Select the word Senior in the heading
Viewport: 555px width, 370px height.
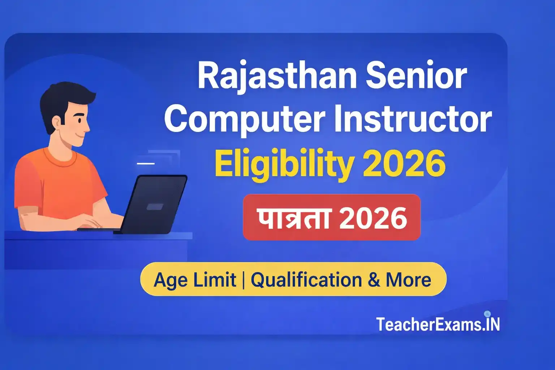click(416, 76)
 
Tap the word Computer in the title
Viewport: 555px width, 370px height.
click(245, 119)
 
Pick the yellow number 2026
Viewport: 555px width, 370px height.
click(404, 164)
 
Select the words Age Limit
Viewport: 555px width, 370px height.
click(195, 280)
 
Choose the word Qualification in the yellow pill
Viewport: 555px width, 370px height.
click(306, 280)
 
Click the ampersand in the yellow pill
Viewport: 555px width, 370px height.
click(374, 280)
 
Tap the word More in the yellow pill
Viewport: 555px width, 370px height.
click(408, 280)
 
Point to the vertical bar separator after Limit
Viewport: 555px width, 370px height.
click(243, 280)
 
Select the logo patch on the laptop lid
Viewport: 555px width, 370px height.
click(155, 207)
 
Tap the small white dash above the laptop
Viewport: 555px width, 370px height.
click(146, 163)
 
